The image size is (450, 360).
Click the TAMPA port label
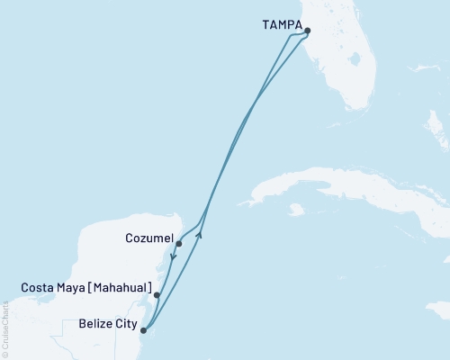(281, 26)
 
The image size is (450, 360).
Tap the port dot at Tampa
(308, 31)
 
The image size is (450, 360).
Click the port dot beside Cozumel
(179, 244)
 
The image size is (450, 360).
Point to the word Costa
(39, 288)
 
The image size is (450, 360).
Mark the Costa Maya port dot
(157, 294)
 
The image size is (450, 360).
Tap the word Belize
(95, 322)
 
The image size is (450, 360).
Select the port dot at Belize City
(144, 330)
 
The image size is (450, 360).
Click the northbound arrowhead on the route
(200, 235)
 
